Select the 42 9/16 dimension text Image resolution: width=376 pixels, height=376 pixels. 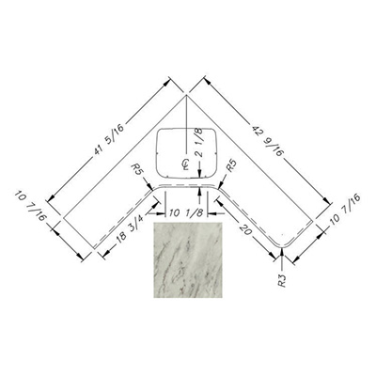[x=269, y=141]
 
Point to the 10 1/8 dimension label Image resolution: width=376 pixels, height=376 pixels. [x=186, y=213]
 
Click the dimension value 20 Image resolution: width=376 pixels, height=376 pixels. [x=247, y=229]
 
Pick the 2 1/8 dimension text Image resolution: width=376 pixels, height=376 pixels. [x=200, y=144]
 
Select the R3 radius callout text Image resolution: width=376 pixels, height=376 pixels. [x=282, y=280]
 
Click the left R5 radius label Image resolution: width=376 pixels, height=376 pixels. [x=139, y=169]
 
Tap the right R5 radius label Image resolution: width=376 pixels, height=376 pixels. [x=232, y=166]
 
